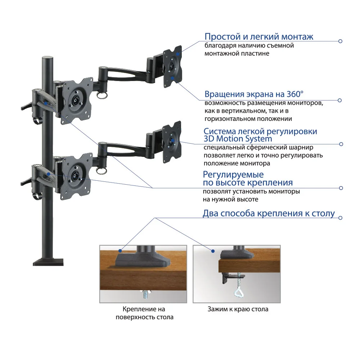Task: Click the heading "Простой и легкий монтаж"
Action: [x=259, y=36]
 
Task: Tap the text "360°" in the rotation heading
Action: [x=295, y=94]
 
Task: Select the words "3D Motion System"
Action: [x=238, y=139]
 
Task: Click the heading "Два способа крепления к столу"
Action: [x=269, y=213]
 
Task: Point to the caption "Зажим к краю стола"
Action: [x=238, y=309]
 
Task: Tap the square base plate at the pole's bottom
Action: [x=48, y=262]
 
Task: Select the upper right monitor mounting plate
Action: [x=172, y=67]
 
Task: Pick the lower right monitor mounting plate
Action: [x=172, y=142]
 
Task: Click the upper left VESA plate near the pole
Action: [x=77, y=101]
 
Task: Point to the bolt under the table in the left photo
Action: [x=145, y=294]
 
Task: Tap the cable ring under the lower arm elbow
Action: [x=102, y=171]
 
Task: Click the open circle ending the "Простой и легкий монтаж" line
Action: [x=341, y=41]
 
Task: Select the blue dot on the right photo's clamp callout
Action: [x=213, y=251]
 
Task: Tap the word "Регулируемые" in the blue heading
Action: [x=233, y=175]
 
